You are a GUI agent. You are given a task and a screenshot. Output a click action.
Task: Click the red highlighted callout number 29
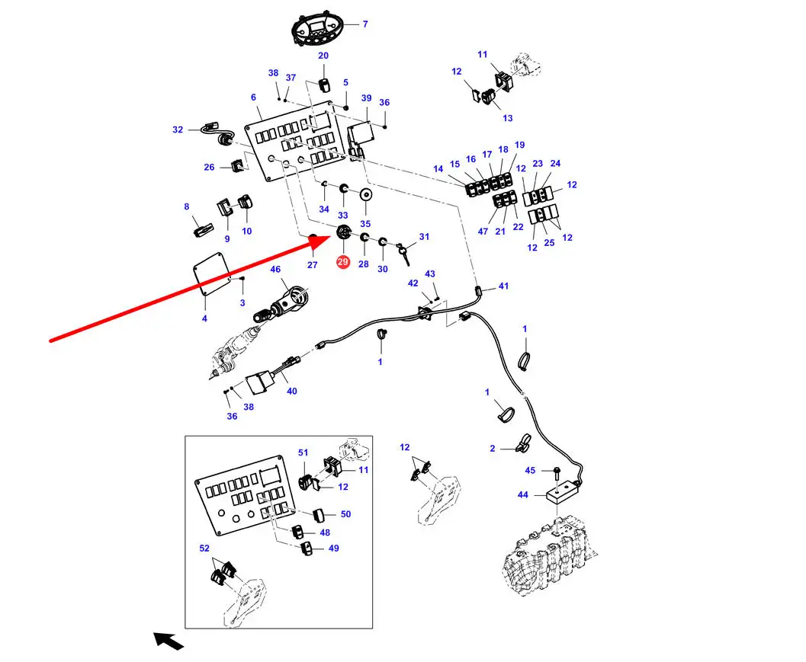coord(342,262)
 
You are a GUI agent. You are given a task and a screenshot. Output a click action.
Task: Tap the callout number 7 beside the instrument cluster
coord(364,24)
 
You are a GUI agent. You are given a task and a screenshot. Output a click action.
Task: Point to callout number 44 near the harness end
coord(522,495)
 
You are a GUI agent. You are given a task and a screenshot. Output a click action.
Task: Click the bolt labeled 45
coord(557,472)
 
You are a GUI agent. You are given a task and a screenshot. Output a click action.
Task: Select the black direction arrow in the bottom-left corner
coord(169,641)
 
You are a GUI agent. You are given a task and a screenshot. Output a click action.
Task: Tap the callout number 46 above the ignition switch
coord(275,269)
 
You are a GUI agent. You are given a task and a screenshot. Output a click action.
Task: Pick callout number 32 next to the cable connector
coord(178,130)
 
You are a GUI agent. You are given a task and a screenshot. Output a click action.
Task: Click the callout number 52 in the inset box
coord(204,548)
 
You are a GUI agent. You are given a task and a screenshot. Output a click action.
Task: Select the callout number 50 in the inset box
coord(345,514)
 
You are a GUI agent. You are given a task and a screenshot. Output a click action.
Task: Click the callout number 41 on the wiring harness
coord(503,286)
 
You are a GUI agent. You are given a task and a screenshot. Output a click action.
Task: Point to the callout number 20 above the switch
coord(323,56)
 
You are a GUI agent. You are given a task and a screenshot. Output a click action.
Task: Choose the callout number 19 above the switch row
coord(519,145)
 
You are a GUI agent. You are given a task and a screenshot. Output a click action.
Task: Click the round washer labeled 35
coord(365,197)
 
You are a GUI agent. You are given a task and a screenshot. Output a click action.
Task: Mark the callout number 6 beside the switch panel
coord(253,97)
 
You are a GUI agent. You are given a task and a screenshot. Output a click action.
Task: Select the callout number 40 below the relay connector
coord(292,391)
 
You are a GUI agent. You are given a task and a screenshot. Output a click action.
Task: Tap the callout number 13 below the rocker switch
coord(508,118)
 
